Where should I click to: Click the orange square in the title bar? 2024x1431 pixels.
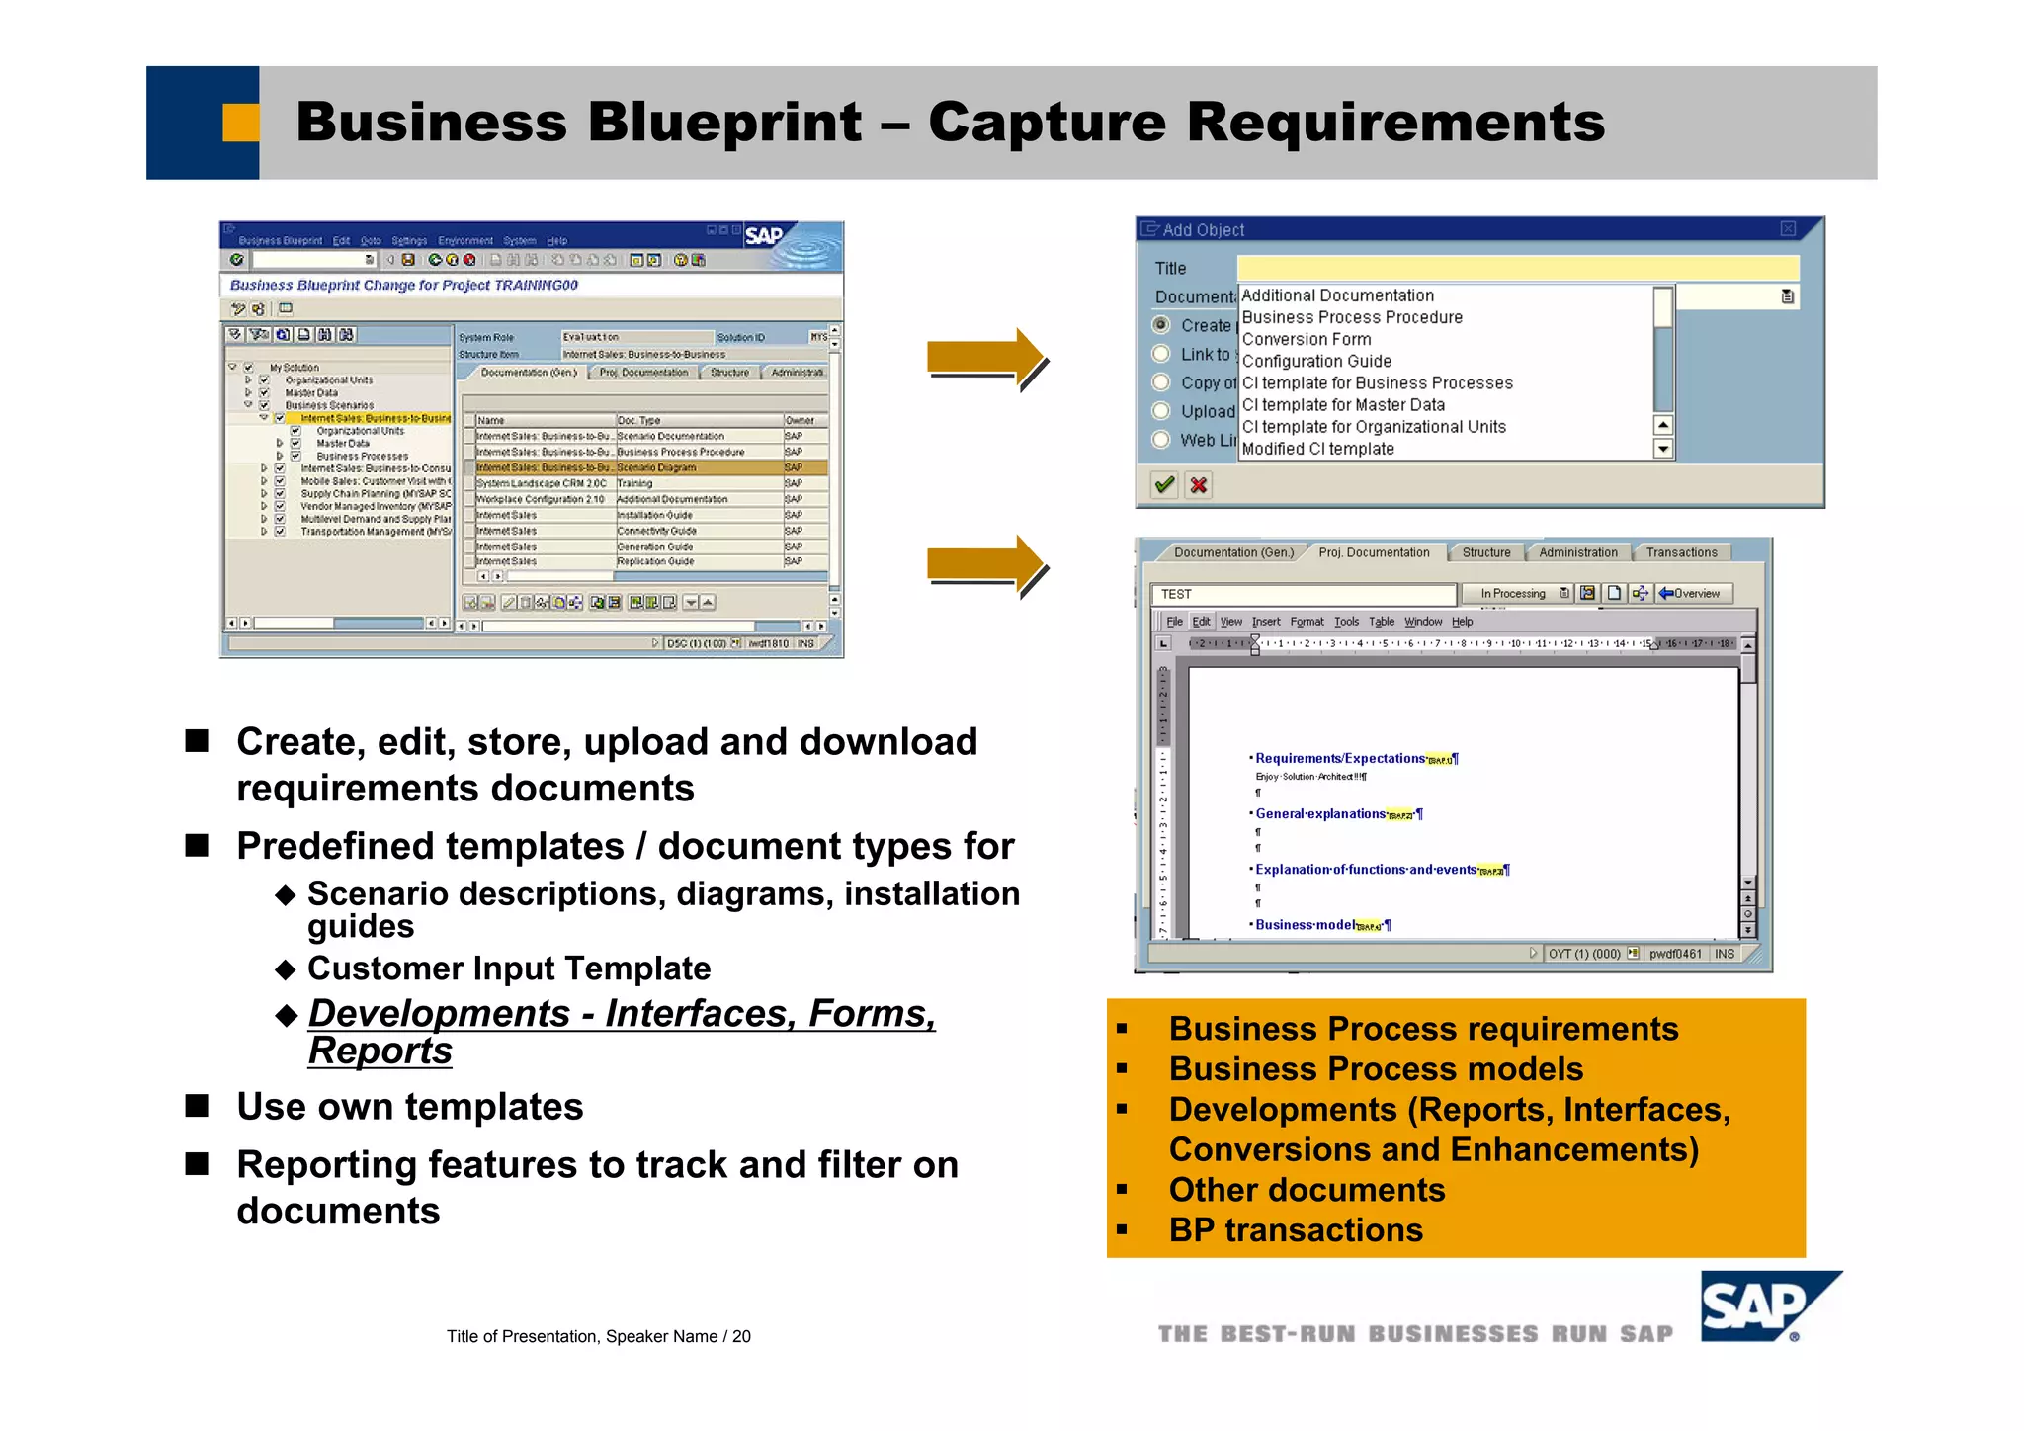240,123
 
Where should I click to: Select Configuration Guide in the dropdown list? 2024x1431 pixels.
1315,362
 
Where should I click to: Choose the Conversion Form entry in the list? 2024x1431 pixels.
1306,339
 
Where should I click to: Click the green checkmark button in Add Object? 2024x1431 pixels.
1164,485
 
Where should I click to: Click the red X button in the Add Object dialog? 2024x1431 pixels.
1198,485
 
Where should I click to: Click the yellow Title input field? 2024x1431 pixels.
1516,268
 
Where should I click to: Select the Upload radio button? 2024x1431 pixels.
1161,411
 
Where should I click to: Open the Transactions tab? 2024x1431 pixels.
1680,552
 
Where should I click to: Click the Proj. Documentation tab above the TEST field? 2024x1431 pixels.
1373,552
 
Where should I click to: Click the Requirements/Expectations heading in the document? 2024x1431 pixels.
1339,758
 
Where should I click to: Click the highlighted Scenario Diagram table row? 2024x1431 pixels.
647,467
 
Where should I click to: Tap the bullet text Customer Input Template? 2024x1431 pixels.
508,968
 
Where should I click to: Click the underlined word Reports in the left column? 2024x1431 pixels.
379,1050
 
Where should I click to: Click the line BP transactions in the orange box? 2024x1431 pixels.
1295,1229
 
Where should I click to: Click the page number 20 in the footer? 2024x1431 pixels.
741,1336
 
